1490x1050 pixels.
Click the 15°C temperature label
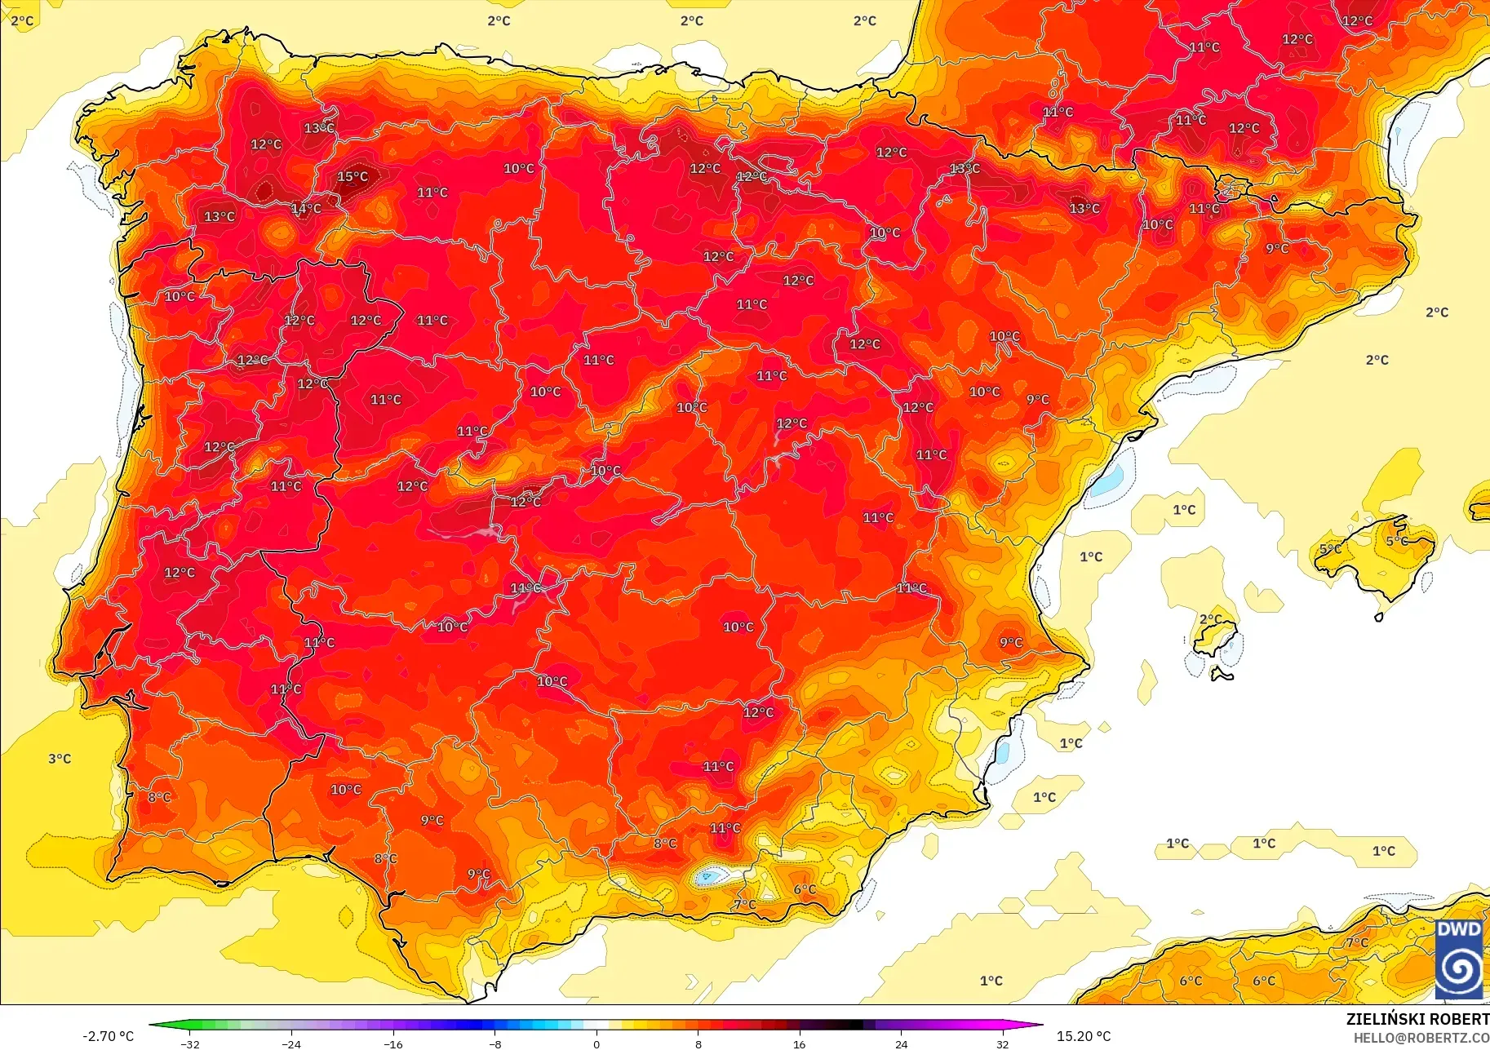(353, 177)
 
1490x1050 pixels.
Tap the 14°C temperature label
(306, 209)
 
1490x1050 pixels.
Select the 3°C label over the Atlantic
(60, 759)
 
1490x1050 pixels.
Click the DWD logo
(1459, 959)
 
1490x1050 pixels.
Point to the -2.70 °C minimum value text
(108, 1036)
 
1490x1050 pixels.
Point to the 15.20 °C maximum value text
(1084, 1036)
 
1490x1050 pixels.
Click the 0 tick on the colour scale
(596, 1043)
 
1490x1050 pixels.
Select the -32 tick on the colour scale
(189, 1043)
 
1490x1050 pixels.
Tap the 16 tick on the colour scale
(799, 1043)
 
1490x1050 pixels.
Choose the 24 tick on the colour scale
(901, 1043)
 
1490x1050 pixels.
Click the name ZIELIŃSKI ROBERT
(1417, 1019)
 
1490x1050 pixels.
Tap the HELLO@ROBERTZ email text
(1421, 1038)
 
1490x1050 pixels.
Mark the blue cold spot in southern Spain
(707, 877)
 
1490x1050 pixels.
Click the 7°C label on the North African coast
(1357, 942)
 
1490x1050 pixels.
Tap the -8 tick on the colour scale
(495, 1043)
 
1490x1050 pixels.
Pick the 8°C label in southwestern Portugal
(159, 797)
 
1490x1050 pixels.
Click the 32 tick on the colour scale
(1002, 1043)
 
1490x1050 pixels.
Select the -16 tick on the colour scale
(392, 1043)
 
